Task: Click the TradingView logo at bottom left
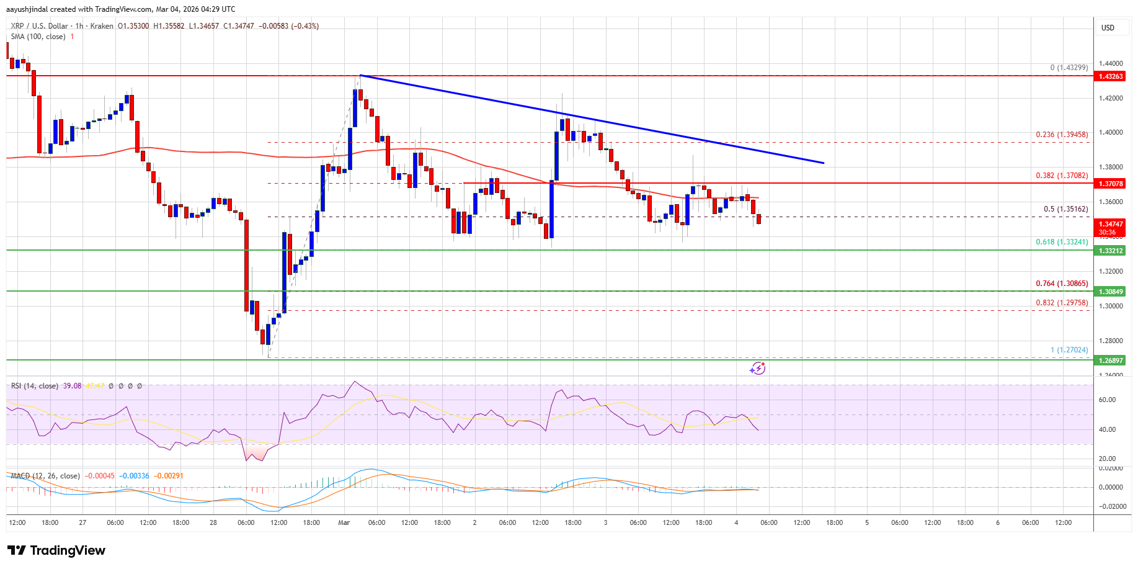pyautogui.click(x=56, y=550)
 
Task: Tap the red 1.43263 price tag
pyautogui.click(x=1111, y=76)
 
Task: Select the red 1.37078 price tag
pyautogui.click(x=1111, y=184)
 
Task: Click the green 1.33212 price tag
pyautogui.click(x=1111, y=251)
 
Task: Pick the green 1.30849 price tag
pyautogui.click(x=1111, y=292)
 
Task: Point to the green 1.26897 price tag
pyautogui.click(x=1111, y=361)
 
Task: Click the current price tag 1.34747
pyautogui.click(x=1111, y=224)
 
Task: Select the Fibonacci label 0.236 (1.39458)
pyautogui.click(x=1062, y=135)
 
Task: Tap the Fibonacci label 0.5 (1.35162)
pyautogui.click(x=1065, y=209)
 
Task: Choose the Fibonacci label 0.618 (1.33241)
pyautogui.click(x=1062, y=242)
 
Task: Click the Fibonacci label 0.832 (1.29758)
pyautogui.click(x=1062, y=303)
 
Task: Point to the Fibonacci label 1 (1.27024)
pyautogui.click(x=1069, y=350)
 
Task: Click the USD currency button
pyautogui.click(x=1108, y=28)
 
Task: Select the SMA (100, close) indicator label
pyautogui.click(x=38, y=37)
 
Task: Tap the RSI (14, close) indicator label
pyautogui.click(x=35, y=386)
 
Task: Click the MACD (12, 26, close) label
pyautogui.click(x=45, y=476)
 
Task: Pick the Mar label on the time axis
pyautogui.click(x=344, y=522)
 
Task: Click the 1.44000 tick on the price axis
pyautogui.click(x=1110, y=63)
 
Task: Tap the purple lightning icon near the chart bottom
pyautogui.click(x=757, y=369)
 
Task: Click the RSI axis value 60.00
pyautogui.click(x=1108, y=400)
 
